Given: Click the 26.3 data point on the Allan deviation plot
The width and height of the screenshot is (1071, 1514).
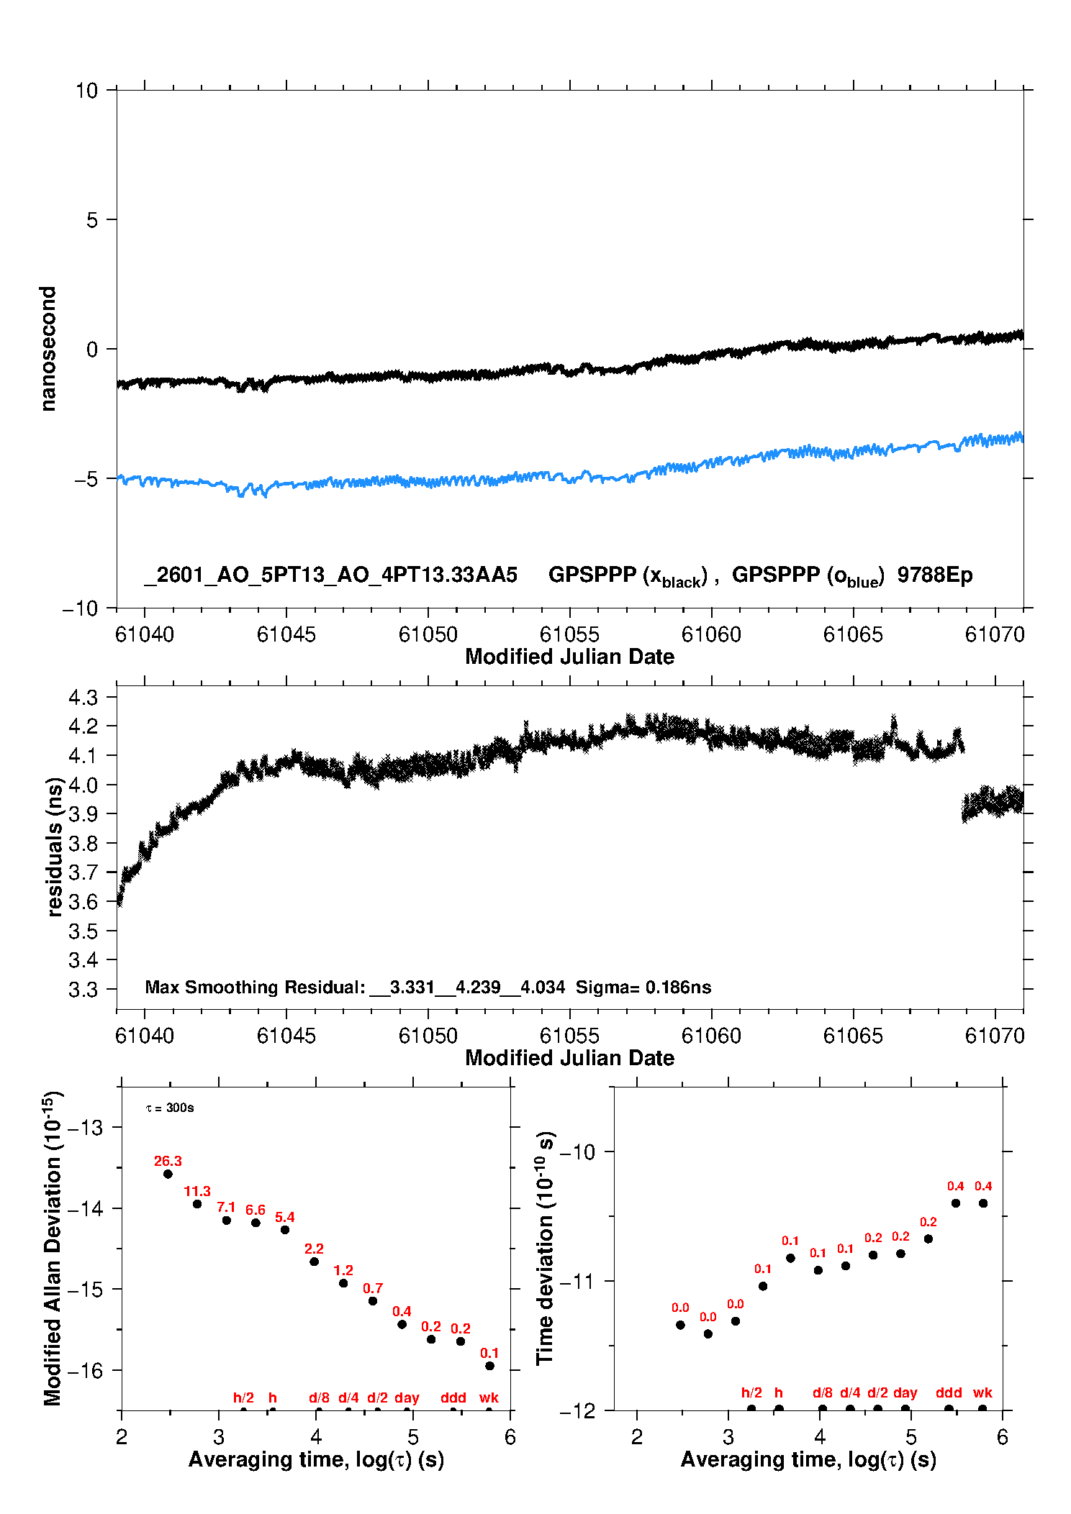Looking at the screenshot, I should tap(168, 1174).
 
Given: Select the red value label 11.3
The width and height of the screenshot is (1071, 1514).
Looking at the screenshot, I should tap(197, 1192).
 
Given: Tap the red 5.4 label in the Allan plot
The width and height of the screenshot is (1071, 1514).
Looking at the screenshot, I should tap(285, 1217).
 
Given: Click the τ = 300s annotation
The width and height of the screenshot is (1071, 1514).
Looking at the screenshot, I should tap(170, 1108).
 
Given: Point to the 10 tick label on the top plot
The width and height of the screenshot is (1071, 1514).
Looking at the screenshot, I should tap(86, 91).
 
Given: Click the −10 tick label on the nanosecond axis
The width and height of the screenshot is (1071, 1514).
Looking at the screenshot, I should tap(80, 608).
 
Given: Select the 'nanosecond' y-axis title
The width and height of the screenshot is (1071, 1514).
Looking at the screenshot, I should tap(48, 349).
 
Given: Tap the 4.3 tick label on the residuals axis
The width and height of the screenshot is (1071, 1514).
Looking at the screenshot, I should tap(83, 697).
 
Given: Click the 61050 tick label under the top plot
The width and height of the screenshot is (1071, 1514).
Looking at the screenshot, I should tap(428, 634).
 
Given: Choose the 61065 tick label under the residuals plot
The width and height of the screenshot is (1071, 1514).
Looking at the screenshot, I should tap(852, 1036).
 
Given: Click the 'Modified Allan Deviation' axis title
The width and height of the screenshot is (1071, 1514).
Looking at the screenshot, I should tap(53, 1248).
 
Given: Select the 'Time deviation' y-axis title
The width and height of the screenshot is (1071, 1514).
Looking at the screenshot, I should tap(546, 1248).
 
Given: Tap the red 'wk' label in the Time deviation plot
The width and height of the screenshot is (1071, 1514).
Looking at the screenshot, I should tap(982, 1392).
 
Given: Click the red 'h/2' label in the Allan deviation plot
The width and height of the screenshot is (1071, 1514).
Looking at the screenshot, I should tap(243, 1397).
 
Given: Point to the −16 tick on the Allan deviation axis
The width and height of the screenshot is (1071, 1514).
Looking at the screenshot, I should tap(85, 1370).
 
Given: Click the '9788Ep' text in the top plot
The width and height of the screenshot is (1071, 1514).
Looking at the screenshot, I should tap(935, 575).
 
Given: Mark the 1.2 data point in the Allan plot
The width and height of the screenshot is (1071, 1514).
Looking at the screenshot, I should tap(343, 1283).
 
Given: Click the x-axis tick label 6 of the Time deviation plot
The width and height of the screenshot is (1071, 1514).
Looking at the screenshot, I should tap(1002, 1437).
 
